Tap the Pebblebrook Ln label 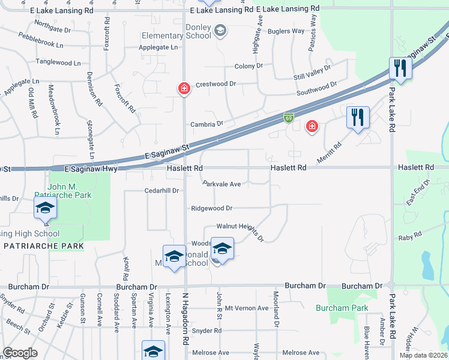(40, 44)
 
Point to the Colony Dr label (249, 66)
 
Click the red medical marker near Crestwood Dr (184, 89)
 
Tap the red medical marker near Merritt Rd (312, 126)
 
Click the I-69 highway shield (289, 118)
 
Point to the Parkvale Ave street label (221, 184)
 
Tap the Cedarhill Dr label (162, 190)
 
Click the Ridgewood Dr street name (211, 208)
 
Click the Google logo (20, 353)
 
